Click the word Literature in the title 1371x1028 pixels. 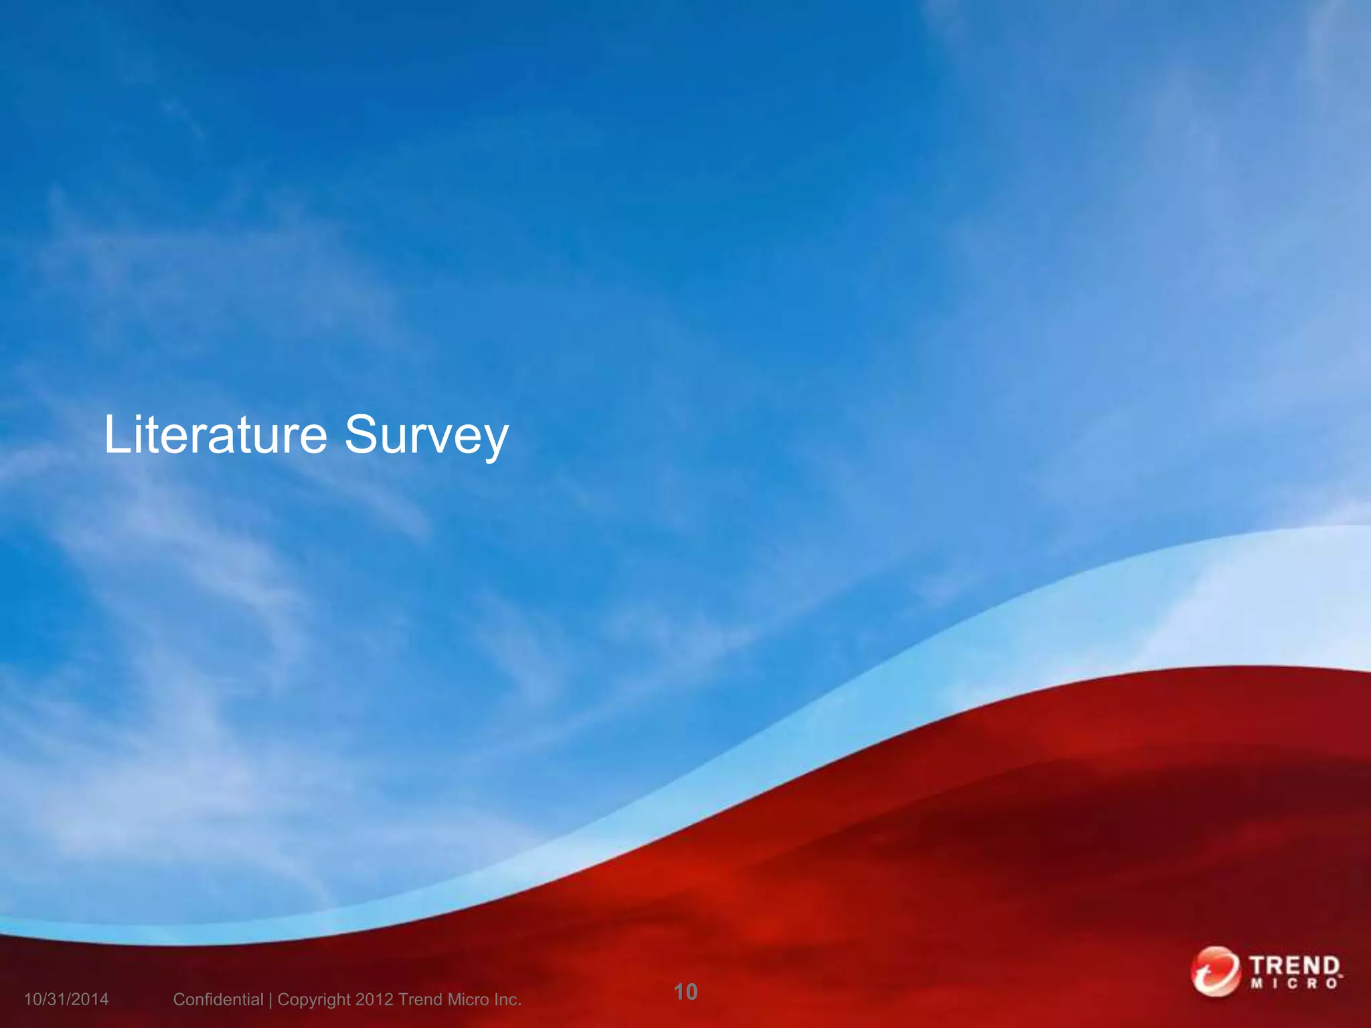point(216,435)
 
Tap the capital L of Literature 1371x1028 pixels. point(116,435)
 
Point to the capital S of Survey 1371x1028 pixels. point(359,435)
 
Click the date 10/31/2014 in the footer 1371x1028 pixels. point(66,999)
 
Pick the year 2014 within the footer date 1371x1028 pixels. point(91,999)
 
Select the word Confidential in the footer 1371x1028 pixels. point(218,999)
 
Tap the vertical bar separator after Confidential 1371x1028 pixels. point(270,1000)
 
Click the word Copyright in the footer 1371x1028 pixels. point(314,999)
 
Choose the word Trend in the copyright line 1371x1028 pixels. point(420,999)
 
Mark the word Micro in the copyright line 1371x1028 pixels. point(469,999)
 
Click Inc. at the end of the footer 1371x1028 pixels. point(507,999)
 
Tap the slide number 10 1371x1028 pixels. point(685,991)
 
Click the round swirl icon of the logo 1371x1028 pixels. point(1215,971)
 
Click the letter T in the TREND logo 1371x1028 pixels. point(1259,966)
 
